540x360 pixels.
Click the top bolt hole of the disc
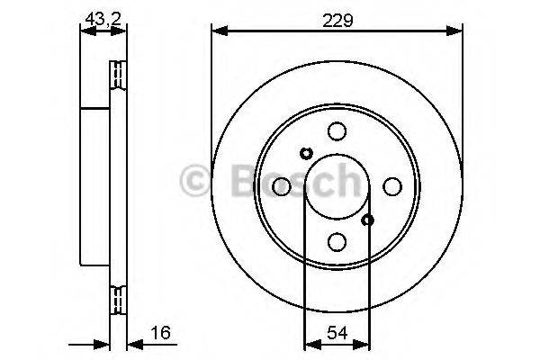pos(337,131)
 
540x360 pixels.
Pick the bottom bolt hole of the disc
pos(337,241)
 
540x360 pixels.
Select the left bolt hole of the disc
pos(282,186)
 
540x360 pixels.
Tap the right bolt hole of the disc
pos(391,186)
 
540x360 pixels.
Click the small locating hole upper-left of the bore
pos(305,153)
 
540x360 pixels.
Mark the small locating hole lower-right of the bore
pos(367,219)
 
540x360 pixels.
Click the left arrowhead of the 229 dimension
pos(217,31)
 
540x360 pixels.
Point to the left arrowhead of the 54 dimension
pos(310,343)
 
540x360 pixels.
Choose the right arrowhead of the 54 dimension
pos(364,343)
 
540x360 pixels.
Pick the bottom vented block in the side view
pos(116,298)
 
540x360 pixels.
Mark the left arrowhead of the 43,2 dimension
pos(85,31)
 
